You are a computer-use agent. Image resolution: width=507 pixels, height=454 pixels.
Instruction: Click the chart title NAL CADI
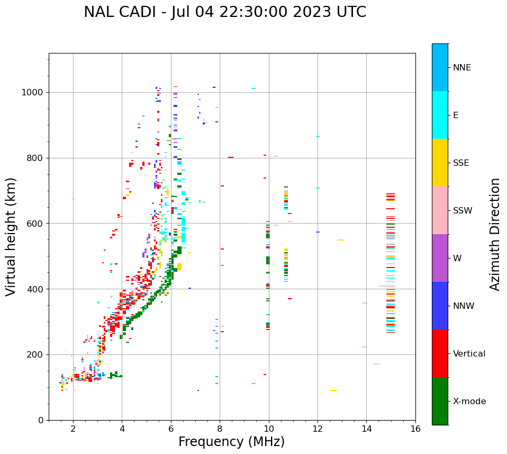(224, 12)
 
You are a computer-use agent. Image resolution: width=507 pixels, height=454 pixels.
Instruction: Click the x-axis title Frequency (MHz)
(231, 442)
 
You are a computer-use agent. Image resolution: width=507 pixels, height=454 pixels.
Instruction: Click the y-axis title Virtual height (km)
(11, 237)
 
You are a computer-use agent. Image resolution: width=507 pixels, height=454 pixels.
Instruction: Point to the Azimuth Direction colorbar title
(495, 234)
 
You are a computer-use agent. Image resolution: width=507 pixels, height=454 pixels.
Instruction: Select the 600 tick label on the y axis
(35, 224)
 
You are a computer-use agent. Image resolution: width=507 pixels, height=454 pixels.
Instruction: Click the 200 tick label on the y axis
(35, 355)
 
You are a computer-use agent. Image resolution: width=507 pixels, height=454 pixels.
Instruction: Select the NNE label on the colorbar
(461, 68)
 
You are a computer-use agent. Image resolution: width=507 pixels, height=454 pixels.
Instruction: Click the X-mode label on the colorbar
(469, 402)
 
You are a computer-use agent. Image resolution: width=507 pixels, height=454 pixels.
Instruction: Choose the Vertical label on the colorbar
(469, 354)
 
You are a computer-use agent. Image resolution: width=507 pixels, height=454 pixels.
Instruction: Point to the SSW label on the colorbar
(463, 211)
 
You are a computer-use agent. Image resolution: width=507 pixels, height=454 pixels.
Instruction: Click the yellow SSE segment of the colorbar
(440, 163)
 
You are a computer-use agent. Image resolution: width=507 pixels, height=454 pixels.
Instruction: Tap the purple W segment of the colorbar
(440, 258)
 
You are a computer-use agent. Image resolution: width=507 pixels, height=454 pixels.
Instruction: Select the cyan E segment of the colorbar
(440, 115)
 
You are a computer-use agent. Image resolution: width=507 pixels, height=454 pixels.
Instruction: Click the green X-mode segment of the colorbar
(440, 401)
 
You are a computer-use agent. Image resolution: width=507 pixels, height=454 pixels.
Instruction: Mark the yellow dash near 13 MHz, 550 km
(340, 240)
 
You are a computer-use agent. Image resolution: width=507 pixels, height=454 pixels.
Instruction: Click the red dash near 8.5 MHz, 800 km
(231, 157)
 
